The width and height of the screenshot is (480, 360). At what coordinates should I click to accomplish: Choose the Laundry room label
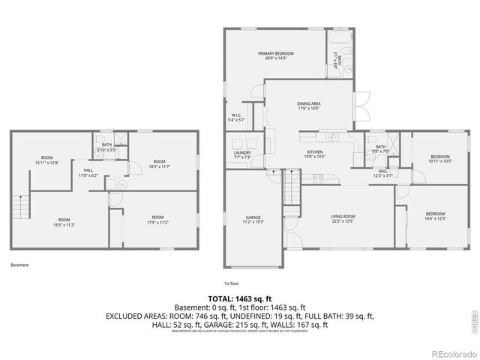[x=241, y=154]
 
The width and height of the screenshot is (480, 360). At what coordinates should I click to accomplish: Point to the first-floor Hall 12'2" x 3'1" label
[x=382, y=173]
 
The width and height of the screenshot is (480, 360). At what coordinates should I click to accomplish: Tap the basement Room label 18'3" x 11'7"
[x=159, y=163]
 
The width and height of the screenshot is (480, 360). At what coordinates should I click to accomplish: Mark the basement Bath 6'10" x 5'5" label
[x=107, y=148]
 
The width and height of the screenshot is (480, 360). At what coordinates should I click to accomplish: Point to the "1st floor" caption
[x=232, y=283]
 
